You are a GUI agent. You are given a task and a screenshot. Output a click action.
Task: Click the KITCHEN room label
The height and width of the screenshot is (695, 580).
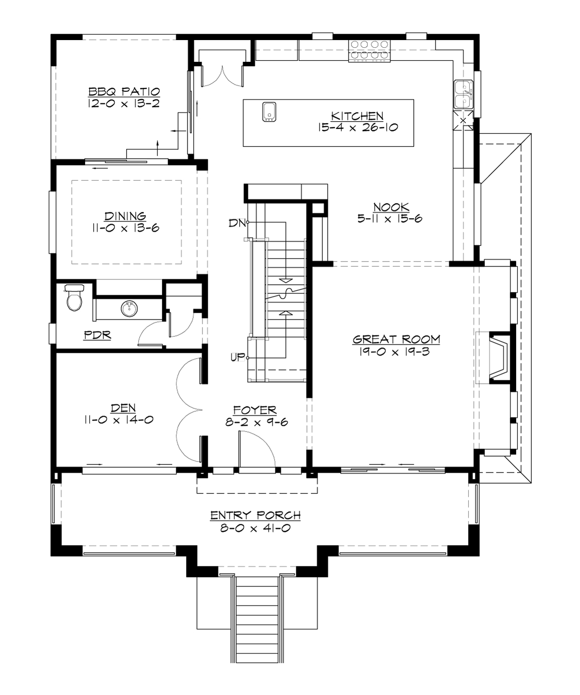357,116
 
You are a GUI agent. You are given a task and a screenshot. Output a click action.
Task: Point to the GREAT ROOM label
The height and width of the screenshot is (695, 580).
396,339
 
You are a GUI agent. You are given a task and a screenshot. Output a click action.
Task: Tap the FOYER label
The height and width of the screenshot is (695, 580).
255,410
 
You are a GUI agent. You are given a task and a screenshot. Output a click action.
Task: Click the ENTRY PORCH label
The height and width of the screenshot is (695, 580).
255,515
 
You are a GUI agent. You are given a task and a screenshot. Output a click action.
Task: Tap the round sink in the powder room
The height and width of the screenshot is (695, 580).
129,309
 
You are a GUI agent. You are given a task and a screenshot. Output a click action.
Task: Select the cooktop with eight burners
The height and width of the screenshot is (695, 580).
370,50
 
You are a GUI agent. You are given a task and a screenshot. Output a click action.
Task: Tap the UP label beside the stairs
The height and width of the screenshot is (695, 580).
237,358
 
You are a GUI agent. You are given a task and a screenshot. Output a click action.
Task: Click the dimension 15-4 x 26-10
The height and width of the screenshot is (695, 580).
358,127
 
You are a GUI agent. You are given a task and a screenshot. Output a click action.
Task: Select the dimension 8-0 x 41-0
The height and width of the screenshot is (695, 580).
255,528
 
